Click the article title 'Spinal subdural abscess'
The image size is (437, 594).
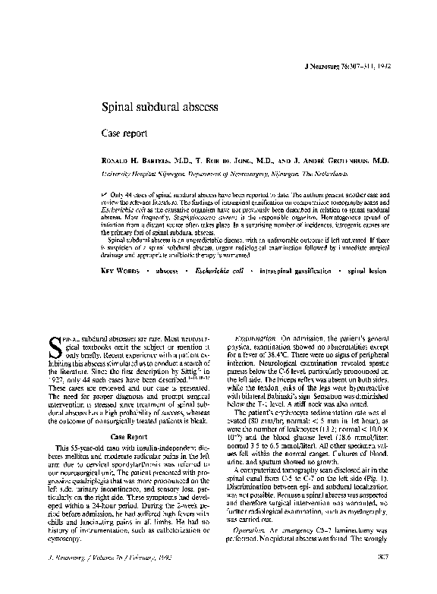[161, 108]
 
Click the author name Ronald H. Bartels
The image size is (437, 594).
[143, 162]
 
